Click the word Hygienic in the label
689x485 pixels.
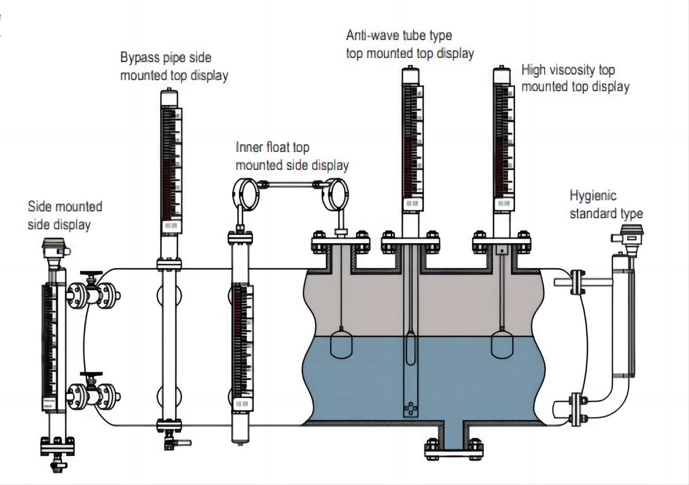point(593,196)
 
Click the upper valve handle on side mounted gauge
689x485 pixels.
point(91,274)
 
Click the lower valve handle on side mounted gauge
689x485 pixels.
point(91,374)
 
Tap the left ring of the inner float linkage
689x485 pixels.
point(245,194)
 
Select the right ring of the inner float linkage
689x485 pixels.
point(335,194)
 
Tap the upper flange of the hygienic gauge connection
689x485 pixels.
point(577,282)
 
